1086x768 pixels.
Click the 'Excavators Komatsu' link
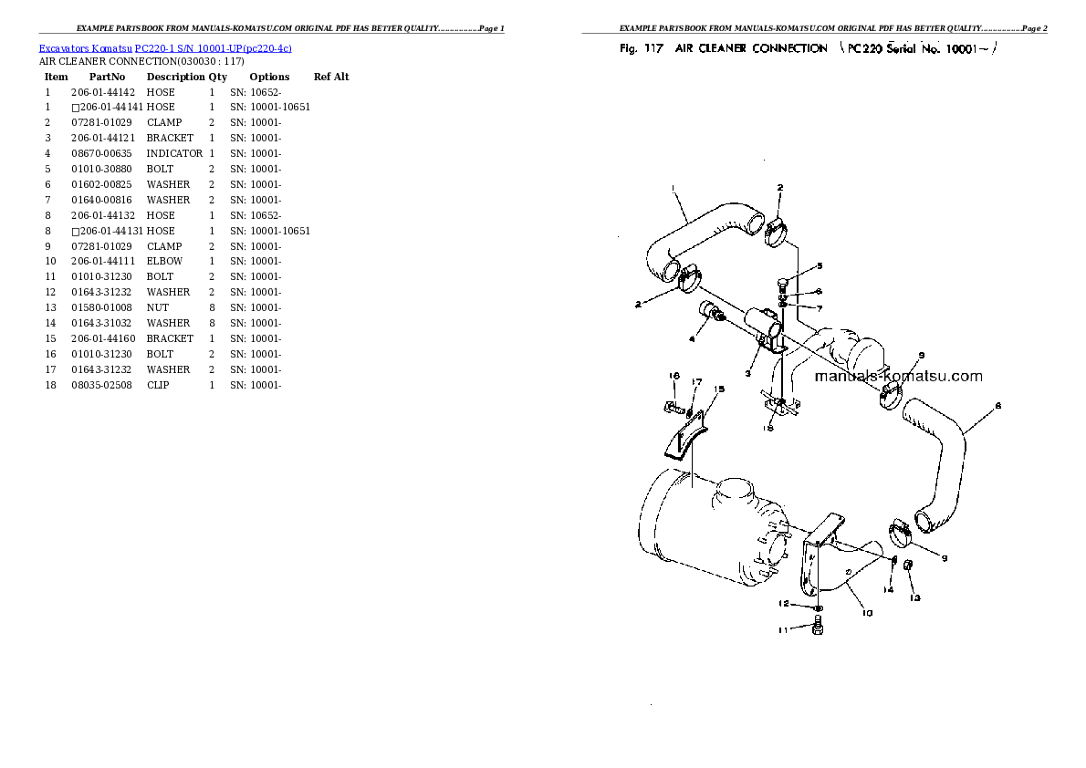tap(85, 48)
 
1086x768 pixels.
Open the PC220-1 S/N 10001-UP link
tap(214, 48)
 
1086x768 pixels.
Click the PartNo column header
tap(108, 77)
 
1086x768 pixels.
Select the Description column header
tap(176, 77)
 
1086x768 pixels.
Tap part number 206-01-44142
tap(103, 92)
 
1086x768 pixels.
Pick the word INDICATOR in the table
tap(174, 154)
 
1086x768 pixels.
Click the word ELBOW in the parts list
tap(165, 261)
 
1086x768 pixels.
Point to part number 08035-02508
tap(102, 385)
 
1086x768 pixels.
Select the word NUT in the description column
tap(158, 307)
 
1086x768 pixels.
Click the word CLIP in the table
tap(158, 385)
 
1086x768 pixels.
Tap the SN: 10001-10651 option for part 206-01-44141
tap(270, 108)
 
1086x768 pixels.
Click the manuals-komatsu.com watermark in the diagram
tap(898, 376)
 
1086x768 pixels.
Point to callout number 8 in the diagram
tap(998, 406)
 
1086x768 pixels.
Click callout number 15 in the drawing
tap(719, 389)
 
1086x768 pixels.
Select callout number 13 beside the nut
tap(915, 597)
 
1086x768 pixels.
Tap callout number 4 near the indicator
tap(691, 338)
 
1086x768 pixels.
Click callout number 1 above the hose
tap(673, 188)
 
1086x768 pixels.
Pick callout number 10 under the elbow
tap(867, 613)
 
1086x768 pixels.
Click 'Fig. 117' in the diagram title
tap(642, 48)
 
